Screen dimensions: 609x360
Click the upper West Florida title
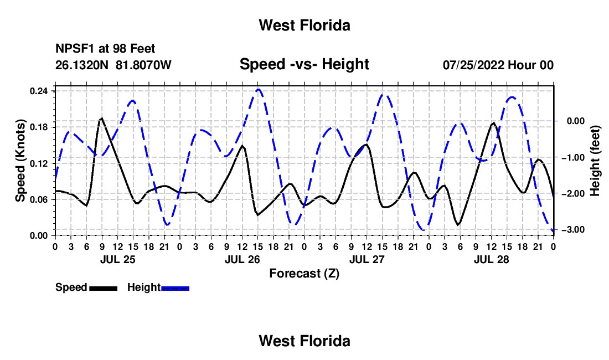pyautogui.click(x=304, y=25)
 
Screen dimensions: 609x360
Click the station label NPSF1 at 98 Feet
pyautogui.click(x=105, y=49)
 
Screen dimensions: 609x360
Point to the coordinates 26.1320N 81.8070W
pyautogui.click(x=113, y=65)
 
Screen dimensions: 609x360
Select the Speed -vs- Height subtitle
pyautogui.click(x=304, y=64)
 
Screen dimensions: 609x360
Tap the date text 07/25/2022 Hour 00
pyautogui.click(x=498, y=65)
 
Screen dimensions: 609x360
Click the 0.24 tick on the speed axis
pyautogui.click(x=38, y=91)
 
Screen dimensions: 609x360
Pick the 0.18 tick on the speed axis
pyautogui.click(x=38, y=127)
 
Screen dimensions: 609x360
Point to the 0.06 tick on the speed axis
pyautogui.click(x=38, y=199)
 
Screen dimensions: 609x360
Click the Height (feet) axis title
pyautogui.click(x=595, y=161)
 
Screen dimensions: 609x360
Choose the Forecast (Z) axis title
pyautogui.click(x=304, y=274)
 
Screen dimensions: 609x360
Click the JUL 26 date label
pyautogui.click(x=242, y=259)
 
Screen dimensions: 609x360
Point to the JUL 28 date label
pyautogui.click(x=491, y=259)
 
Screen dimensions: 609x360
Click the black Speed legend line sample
pyautogui.click(x=104, y=288)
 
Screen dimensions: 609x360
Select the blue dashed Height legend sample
pyautogui.click(x=175, y=288)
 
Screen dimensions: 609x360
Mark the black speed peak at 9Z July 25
pyautogui.click(x=101, y=118)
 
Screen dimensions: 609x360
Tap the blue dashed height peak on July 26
pyautogui.click(x=259, y=90)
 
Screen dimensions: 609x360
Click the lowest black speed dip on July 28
pyautogui.click(x=458, y=224)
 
